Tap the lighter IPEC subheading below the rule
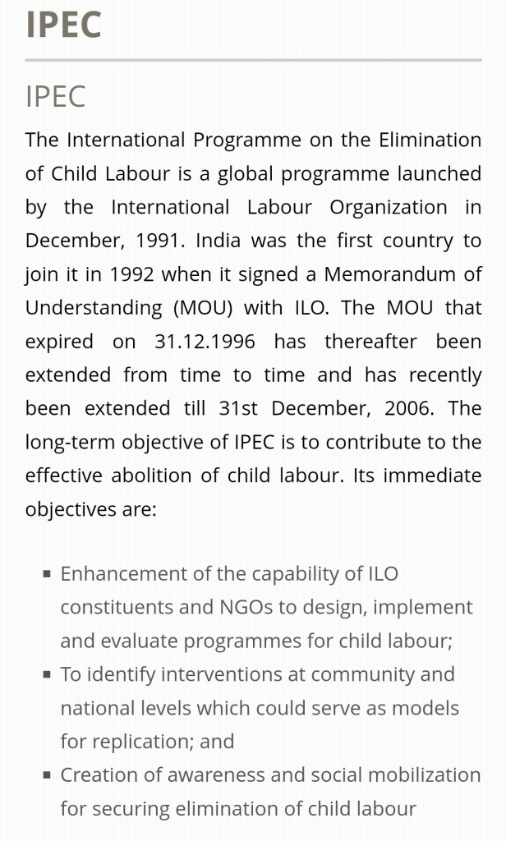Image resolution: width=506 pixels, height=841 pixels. pos(55,96)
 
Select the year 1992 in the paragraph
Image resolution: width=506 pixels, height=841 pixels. pos(131,274)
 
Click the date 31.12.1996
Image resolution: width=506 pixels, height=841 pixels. pos(205,342)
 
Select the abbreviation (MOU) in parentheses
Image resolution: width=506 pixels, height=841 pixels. pos(203,308)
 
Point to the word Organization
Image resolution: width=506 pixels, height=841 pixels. pos(389,208)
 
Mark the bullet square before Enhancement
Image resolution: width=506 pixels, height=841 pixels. pos(48,574)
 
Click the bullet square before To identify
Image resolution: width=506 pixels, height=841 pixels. pos(48,675)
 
